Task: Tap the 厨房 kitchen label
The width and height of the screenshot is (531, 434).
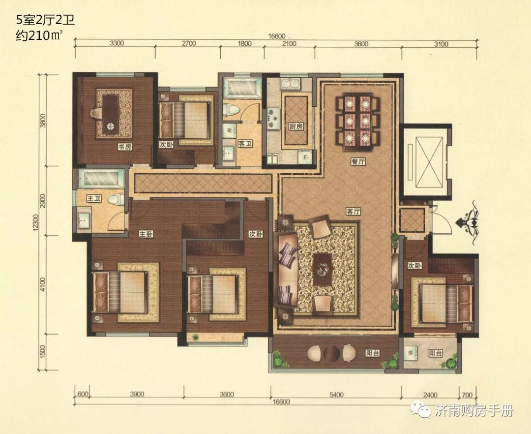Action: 296,126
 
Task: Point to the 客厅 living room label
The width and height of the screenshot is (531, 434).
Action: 353,212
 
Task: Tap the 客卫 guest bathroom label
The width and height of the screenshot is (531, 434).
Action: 245,144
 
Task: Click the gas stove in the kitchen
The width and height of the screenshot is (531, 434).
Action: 273,119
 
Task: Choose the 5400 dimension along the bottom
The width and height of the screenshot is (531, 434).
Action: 336,394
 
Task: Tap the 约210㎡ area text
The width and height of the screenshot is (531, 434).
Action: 40,35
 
